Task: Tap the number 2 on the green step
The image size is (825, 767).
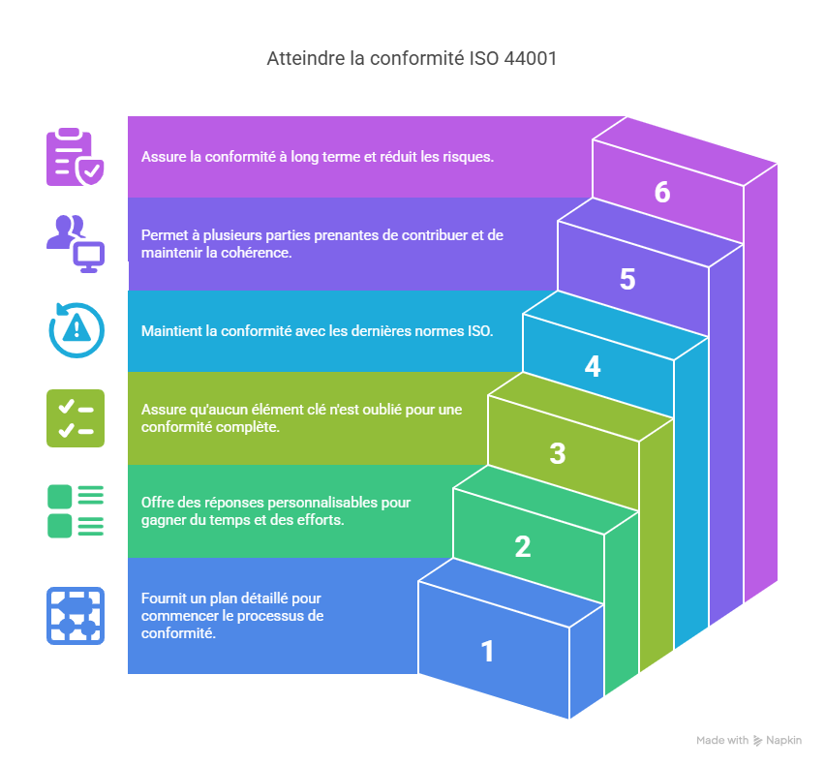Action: click(x=523, y=547)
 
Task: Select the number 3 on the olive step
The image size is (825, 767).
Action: click(x=558, y=453)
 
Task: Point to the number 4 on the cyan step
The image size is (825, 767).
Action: click(x=593, y=367)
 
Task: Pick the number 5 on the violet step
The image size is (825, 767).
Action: click(x=627, y=280)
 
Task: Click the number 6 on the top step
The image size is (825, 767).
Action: click(x=662, y=193)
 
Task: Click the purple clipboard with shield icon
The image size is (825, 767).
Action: click(x=76, y=156)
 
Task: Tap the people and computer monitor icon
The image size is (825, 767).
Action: click(x=76, y=243)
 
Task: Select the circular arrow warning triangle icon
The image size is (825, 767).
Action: click(x=76, y=330)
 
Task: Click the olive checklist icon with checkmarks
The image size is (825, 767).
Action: click(x=76, y=418)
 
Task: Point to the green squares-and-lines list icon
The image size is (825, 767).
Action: click(x=76, y=511)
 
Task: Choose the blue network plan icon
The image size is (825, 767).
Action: click(x=76, y=616)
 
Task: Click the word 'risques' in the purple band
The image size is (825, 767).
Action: click(x=470, y=157)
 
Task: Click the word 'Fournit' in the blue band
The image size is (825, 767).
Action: click(x=164, y=598)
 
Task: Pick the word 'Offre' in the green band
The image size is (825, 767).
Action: click(x=159, y=503)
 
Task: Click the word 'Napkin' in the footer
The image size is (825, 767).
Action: click(x=784, y=741)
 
